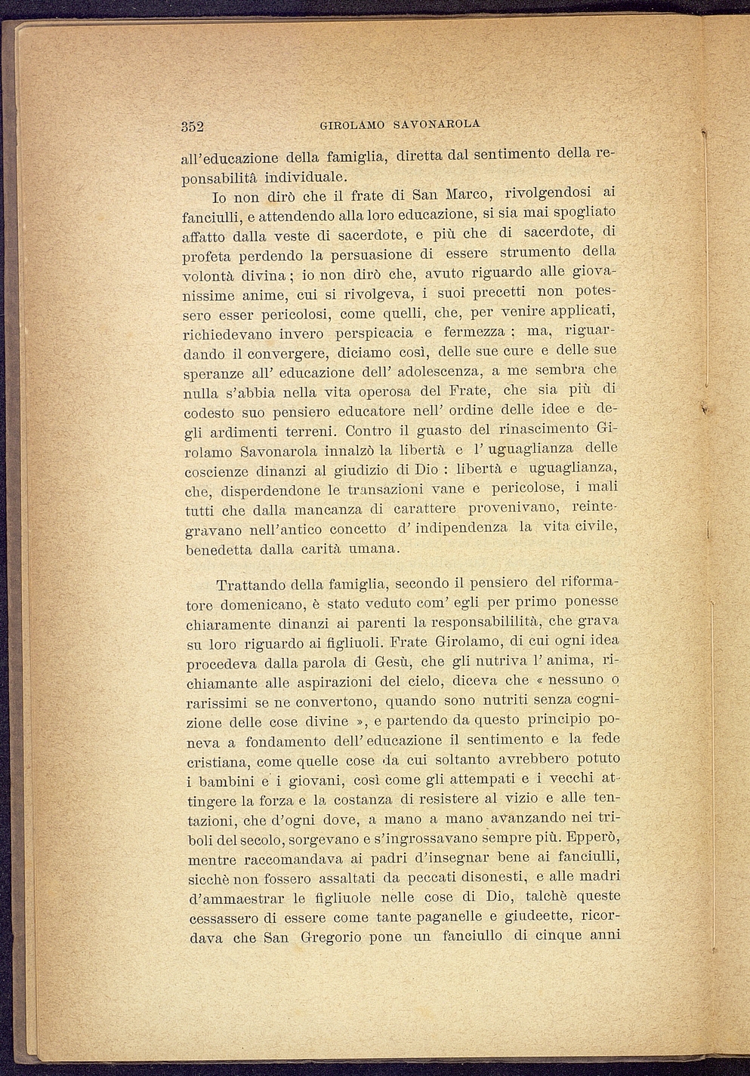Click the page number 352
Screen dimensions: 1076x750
193,126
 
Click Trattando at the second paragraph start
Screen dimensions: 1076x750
251,585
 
